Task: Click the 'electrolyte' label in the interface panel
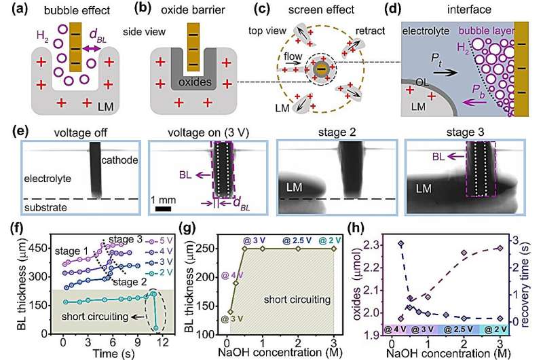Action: click(426, 31)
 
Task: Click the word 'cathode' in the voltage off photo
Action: click(118, 160)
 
